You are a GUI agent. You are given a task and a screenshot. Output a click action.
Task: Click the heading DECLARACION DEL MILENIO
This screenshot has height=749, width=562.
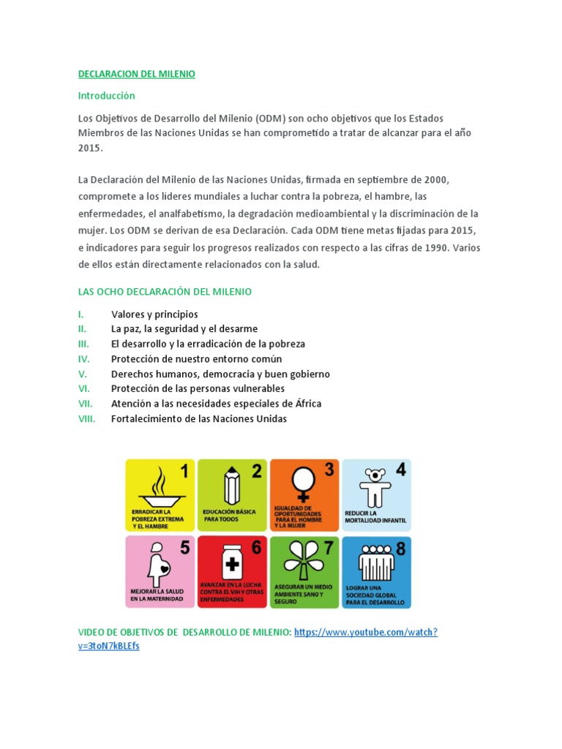[x=137, y=74]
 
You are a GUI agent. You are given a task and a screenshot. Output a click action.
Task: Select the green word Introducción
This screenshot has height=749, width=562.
[x=107, y=96]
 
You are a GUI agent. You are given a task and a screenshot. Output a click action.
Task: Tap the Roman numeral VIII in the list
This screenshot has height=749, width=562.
[x=86, y=419]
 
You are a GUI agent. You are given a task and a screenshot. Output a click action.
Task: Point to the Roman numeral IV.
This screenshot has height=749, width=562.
[x=84, y=359]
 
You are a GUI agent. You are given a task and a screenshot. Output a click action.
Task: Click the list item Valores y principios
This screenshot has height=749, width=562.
[x=154, y=314]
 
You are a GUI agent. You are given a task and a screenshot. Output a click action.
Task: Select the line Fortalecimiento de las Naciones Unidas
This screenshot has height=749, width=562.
[x=199, y=419]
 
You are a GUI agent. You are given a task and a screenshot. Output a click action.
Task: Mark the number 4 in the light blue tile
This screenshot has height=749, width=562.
[x=400, y=470]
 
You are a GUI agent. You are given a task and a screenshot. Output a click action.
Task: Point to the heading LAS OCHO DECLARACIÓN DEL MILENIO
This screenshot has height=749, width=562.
[x=165, y=292]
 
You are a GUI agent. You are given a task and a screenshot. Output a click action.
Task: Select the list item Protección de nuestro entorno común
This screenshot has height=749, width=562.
[x=196, y=359]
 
